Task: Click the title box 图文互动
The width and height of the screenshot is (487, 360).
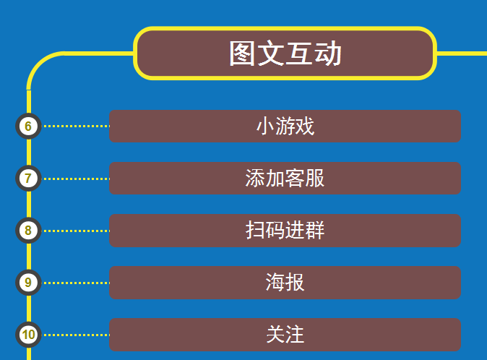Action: tap(285, 53)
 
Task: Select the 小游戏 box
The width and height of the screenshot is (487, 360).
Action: tap(285, 126)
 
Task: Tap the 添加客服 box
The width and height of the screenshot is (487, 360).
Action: tap(285, 179)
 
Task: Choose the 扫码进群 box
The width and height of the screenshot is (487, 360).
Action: tap(285, 231)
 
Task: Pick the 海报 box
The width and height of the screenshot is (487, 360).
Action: tap(285, 283)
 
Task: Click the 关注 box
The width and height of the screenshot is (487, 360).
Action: tap(285, 335)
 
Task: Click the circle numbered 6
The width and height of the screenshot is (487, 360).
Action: tap(28, 126)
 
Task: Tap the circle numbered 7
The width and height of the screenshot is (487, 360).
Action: tap(28, 179)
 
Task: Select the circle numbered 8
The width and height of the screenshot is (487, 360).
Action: tap(28, 231)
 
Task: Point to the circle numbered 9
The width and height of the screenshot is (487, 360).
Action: tap(28, 283)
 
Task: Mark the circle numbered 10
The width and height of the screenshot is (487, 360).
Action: tap(28, 335)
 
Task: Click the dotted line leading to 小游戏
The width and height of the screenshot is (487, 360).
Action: tap(75, 126)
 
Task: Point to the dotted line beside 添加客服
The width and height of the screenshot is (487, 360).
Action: tap(75, 179)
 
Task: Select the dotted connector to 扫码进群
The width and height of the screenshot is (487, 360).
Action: tap(75, 231)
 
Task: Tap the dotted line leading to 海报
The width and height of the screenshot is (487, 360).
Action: tap(75, 283)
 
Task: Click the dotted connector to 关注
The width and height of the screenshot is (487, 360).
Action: tap(75, 335)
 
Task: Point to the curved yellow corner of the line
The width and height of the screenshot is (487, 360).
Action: tap(38, 62)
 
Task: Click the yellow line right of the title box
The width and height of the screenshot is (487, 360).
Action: tap(462, 53)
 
